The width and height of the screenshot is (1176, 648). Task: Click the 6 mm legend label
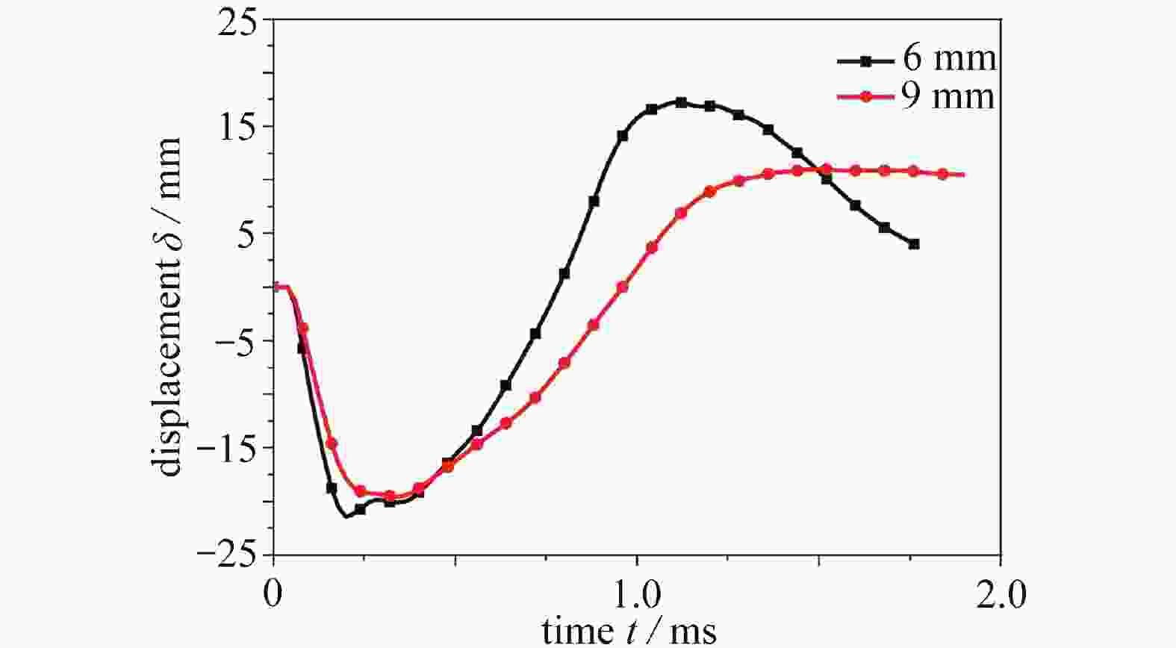point(949,58)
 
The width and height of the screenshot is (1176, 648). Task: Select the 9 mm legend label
point(948,97)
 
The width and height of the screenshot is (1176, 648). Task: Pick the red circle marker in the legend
point(865,97)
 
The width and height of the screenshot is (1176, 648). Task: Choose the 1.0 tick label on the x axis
point(637,595)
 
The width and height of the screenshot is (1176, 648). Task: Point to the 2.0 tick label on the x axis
point(1001,595)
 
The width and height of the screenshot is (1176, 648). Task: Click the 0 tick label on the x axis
point(274,595)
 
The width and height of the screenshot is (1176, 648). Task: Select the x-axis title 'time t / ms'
point(629,631)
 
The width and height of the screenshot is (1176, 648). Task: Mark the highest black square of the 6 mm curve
point(681,102)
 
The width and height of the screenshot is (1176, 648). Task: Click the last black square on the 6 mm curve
point(914,244)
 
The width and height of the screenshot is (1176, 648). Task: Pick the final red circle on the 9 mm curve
point(942,174)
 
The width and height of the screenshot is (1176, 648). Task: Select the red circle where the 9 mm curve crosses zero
point(623,287)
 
